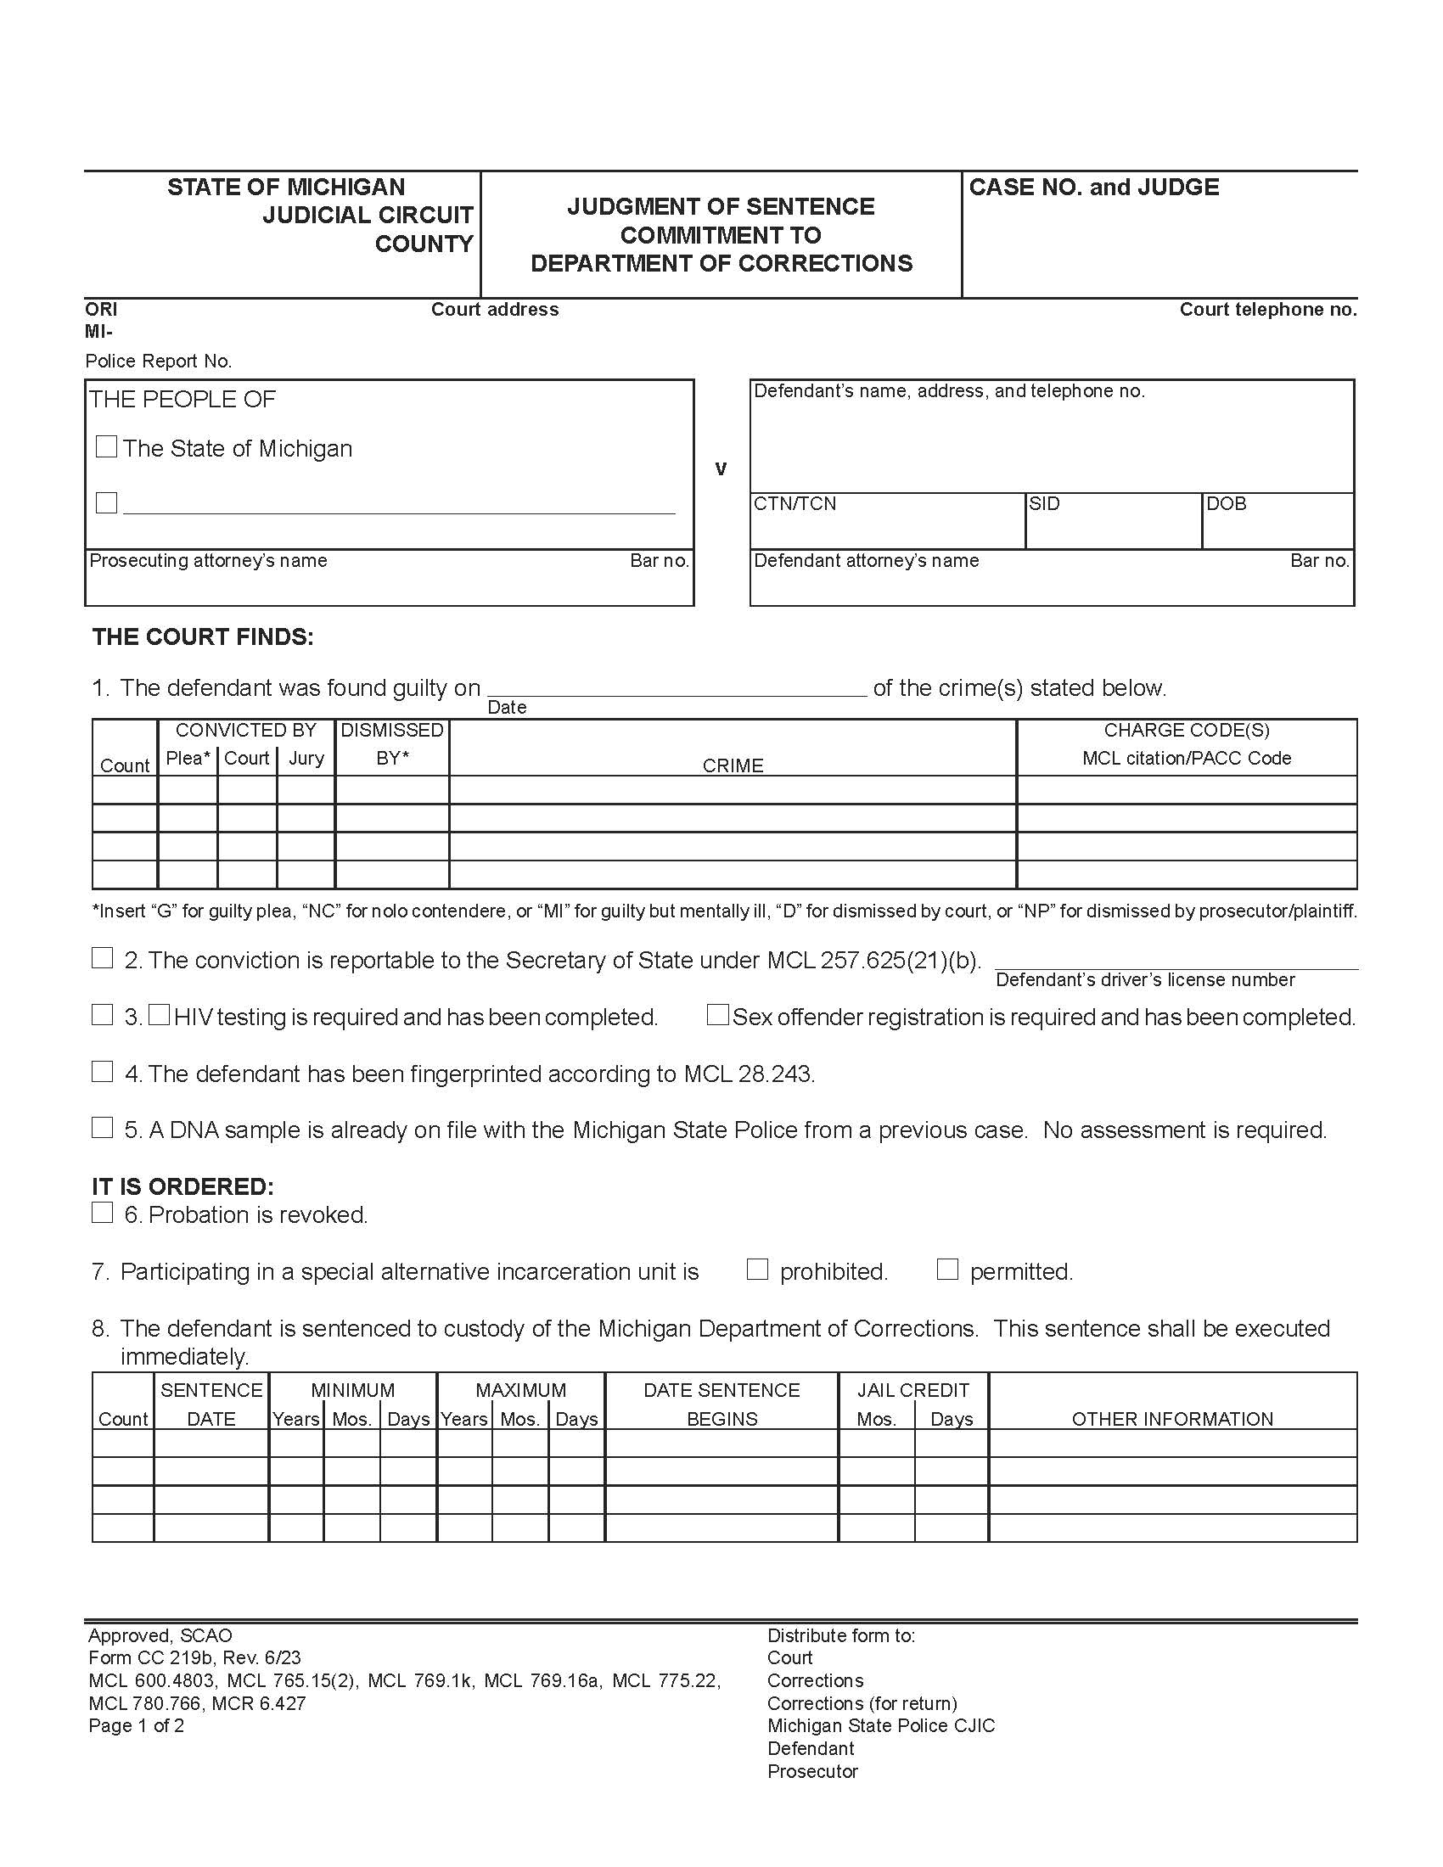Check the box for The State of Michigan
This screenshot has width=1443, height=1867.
pyautogui.click(x=106, y=446)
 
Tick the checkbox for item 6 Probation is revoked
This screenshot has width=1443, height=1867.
pyautogui.click(x=102, y=1212)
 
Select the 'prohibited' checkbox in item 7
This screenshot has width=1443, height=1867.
pyautogui.click(x=757, y=1269)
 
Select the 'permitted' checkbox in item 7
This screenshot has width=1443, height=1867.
pyautogui.click(x=947, y=1269)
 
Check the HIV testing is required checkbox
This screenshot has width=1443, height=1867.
pyautogui.click(x=159, y=1015)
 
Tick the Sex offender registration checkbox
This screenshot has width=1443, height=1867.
pyautogui.click(x=718, y=1015)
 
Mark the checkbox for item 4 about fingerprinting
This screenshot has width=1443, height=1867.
pyautogui.click(x=102, y=1071)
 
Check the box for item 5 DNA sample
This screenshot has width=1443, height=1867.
pyautogui.click(x=102, y=1128)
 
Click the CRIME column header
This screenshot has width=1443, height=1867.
pyautogui.click(x=733, y=765)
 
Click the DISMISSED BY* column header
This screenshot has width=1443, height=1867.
pyautogui.click(x=391, y=743)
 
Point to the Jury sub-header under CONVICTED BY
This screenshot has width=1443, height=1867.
pyautogui.click(x=306, y=758)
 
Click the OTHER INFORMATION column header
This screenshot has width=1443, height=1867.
pyautogui.click(x=1172, y=1419)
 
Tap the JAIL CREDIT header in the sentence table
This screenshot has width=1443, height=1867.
pyautogui.click(x=913, y=1390)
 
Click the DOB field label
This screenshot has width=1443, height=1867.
pyautogui.click(x=1226, y=503)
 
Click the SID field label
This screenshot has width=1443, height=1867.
pyautogui.click(x=1044, y=503)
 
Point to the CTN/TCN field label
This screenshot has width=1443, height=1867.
pyautogui.click(x=795, y=503)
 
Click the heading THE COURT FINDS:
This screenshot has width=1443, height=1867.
pyautogui.click(x=204, y=636)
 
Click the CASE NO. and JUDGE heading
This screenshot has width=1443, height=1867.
pyautogui.click(x=1093, y=188)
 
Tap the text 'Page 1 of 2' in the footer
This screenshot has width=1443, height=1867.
pyautogui.click(x=136, y=1725)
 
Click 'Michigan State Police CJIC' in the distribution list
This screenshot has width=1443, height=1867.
pyautogui.click(x=880, y=1725)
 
